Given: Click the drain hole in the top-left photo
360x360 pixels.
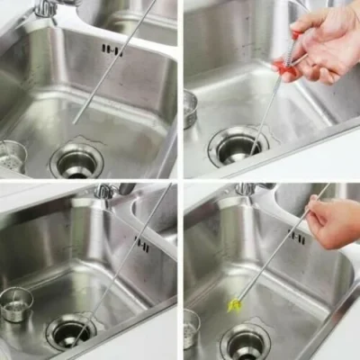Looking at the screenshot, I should (76, 160).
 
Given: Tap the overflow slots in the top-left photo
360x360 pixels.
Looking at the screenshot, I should (112, 49).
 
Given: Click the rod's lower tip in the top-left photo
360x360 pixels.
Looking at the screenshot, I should (76, 121).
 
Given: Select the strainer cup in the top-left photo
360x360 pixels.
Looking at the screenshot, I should (10, 156).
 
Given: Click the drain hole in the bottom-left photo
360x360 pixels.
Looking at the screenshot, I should (72, 330).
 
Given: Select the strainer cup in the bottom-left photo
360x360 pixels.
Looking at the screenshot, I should (15, 304).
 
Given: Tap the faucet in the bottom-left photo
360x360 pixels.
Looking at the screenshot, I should (106, 190).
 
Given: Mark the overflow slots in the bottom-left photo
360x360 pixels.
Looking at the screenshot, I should (142, 243).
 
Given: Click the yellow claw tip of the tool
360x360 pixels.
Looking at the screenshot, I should (236, 306).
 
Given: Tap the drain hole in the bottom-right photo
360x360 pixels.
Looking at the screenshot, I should (245, 343).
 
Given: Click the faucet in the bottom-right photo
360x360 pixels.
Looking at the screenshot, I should (245, 189).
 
